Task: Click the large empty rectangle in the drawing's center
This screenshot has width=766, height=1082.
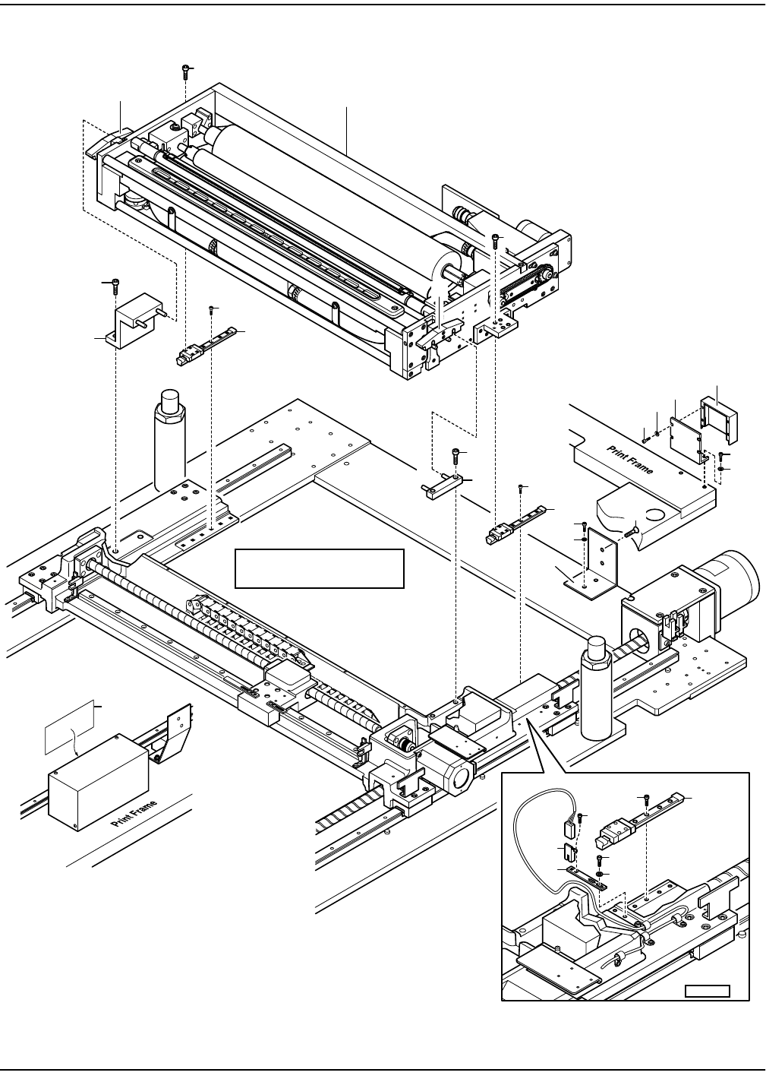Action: coord(319,568)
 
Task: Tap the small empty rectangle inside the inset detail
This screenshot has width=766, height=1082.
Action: coord(707,992)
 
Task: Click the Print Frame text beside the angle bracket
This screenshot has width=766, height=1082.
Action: coord(630,460)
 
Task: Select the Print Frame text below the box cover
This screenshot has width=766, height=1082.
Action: coord(134,814)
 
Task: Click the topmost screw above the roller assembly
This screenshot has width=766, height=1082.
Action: coord(186,71)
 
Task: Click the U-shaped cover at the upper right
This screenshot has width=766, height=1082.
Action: coord(719,419)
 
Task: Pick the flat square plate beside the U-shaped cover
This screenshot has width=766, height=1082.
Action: coord(686,432)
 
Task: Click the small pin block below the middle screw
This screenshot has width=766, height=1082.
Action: coord(443,486)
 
